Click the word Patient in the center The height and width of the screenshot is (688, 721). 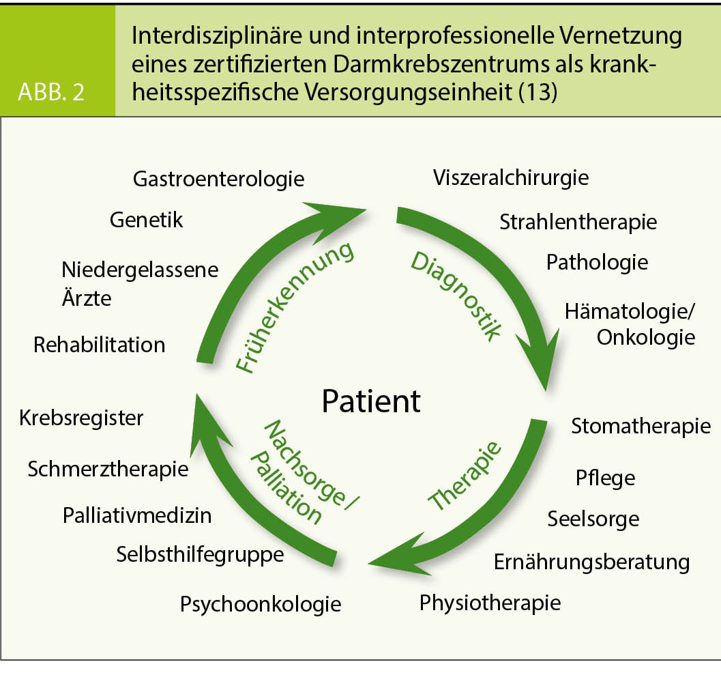pos(371,401)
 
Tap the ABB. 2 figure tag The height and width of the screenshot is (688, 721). pos(52,92)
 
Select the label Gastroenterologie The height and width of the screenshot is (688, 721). pos(218,180)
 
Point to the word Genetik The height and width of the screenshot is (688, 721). pos(146,220)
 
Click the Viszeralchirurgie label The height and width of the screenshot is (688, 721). pos(511,178)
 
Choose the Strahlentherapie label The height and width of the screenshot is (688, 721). pos(578,222)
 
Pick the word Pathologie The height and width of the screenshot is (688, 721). pos(597,262)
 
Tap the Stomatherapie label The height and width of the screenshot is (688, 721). pos(641,427)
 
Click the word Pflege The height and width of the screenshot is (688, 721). pos(605,478)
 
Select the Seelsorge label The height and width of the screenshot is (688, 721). pos(593,519)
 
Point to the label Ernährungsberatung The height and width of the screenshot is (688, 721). pos(591,562)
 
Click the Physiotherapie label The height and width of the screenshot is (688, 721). pos(490,603)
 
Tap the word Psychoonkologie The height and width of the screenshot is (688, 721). pos(261,604)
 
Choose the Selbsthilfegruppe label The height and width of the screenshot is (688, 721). pos(200,554)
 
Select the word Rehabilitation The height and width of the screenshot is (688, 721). pos(99,345)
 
